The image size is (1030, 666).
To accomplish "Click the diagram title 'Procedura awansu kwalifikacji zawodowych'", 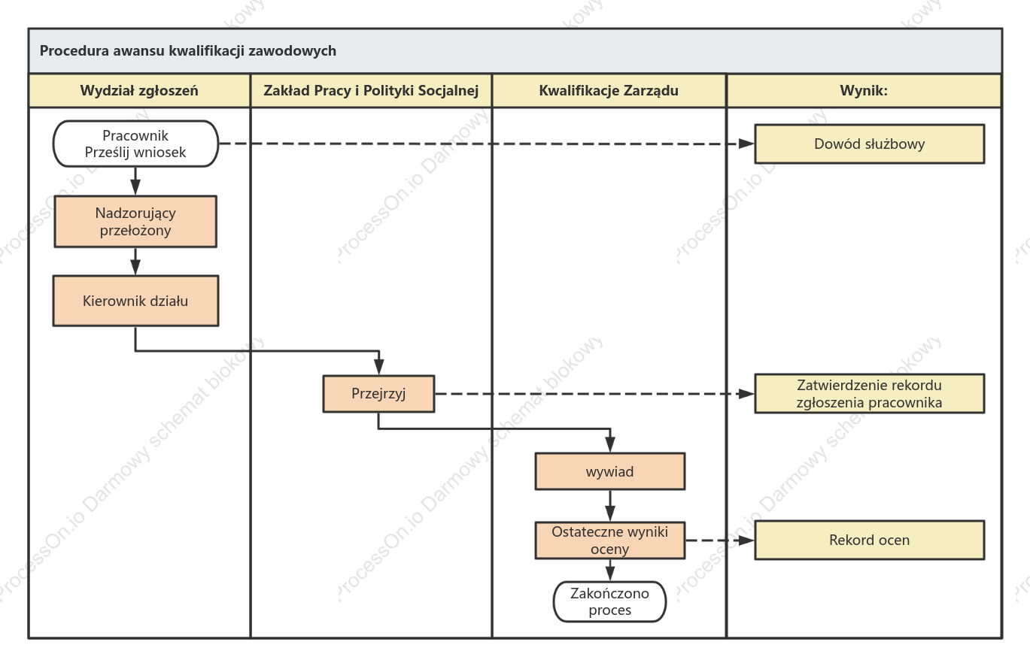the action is (187, 50).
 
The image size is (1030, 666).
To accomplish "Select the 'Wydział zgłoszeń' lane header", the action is (139, 90).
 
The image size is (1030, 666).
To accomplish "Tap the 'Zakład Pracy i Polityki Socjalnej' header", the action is (371, 90).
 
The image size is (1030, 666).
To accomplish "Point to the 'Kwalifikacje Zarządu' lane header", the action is (609, 90).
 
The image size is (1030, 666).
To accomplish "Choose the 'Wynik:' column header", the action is (864, 90).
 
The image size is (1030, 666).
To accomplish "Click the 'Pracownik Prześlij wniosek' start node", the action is (135, 144).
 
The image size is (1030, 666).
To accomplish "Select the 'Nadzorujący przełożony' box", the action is (135, 222).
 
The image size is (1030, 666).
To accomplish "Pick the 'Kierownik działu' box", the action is (135, 301).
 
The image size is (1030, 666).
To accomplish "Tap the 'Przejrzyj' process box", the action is (378, 394).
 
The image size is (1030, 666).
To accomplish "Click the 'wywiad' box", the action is (609, 471).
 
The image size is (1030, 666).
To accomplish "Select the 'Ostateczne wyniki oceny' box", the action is (609, 540).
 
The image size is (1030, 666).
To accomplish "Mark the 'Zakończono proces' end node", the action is (609, 601).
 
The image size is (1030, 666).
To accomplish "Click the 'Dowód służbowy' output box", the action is (870, 144).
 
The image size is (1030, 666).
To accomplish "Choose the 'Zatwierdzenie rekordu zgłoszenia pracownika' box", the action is (870, 394).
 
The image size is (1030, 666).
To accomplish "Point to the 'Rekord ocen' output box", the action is (870, 540).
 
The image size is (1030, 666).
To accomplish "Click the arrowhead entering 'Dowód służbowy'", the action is (746, 144).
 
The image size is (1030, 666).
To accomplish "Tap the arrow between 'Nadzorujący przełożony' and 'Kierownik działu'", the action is (135, 262).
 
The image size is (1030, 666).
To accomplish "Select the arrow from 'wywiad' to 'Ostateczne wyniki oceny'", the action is (610, 506).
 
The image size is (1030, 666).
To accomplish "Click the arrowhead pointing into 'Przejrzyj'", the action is (379, 367).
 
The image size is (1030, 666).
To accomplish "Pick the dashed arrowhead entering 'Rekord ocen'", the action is (746, 540).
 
